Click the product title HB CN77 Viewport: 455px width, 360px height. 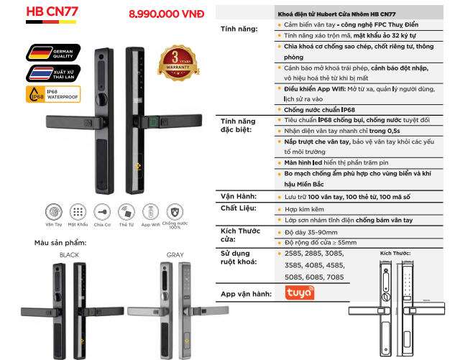pos(52,13)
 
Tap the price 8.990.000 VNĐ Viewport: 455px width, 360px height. pos(165,14)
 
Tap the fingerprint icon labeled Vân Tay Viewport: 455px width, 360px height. pos(53,212)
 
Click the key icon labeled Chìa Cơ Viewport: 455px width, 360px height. pos(103,212)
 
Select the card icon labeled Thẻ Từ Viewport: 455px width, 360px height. pos(127,212)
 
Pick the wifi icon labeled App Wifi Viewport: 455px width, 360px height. pos(151,212)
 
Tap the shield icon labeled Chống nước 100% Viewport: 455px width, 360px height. pos(175,212)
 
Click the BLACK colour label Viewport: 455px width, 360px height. pos(69,254)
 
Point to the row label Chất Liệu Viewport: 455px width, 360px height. pos(239,208)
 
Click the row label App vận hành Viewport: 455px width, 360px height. pos(247,294)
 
